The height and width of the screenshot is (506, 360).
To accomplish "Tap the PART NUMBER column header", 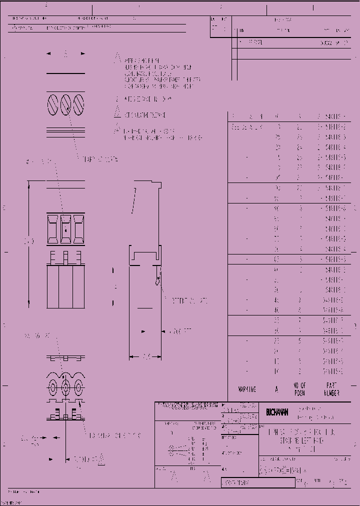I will [330, 389].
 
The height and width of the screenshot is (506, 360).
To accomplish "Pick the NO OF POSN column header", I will [299, 389].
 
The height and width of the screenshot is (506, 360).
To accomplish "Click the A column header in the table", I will [277, 389].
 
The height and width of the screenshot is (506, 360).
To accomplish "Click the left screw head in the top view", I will [54, 105].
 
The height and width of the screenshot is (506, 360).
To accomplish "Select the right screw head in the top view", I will [77, 105].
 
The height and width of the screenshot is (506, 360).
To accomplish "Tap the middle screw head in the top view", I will [66, 105].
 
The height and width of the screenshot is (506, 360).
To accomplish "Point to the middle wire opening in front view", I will [65, 228].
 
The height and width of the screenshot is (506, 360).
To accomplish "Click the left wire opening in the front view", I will [53, 228].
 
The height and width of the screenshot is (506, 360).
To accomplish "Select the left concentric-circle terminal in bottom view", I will [53, 386].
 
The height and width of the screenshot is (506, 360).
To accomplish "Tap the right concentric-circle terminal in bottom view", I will [78, 386].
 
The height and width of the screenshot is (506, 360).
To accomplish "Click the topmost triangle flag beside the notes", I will [118, 57].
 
